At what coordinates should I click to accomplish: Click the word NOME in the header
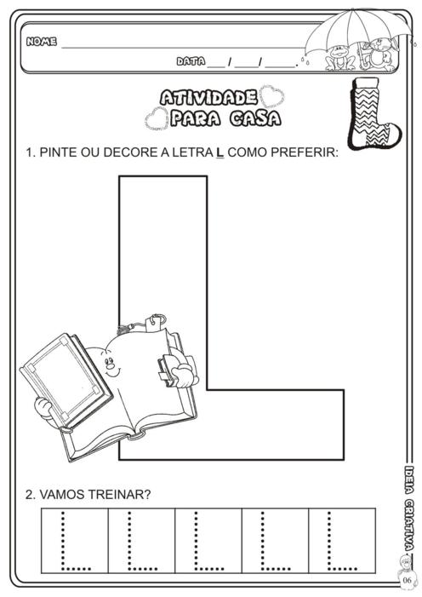click(42, 41)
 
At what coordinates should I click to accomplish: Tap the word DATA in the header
click(191, 61)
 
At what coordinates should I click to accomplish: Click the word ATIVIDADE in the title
click(208, 98)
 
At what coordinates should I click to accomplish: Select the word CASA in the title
click(255, 118)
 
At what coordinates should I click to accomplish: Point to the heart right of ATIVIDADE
click(271, 97)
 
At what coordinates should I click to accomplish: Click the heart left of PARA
click(157, 118)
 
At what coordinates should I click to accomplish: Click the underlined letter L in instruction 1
click(220, 152)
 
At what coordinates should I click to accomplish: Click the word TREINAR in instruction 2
click(116, 495)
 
